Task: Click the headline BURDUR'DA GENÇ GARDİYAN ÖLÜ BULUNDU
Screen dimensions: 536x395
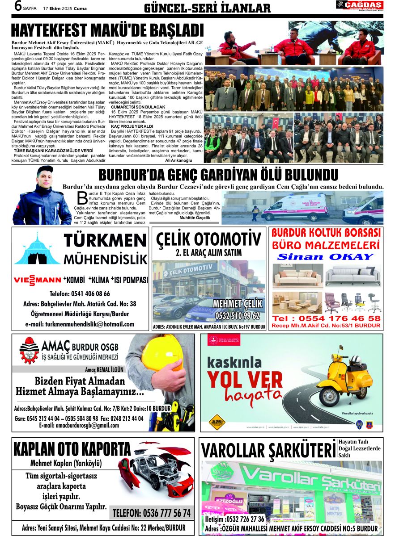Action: tap(222, 174)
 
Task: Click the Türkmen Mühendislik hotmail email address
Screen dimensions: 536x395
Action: tap(80, 324)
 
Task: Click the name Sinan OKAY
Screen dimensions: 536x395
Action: tap(325, 257)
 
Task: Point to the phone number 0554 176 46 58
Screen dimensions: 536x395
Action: tap(327, 318)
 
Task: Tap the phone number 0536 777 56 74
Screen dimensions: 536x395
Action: tap(152, 512)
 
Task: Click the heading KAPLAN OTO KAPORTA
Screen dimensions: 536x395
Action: tap(72, 448)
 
